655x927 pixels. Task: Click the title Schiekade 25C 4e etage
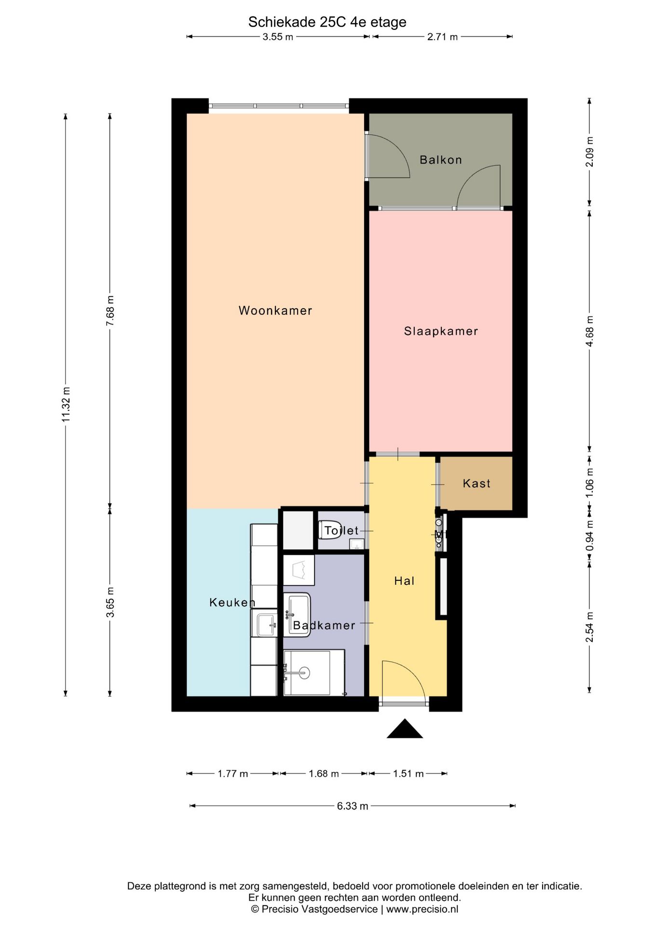[x=327, y=22]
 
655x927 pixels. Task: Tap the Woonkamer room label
[x=275, y=310]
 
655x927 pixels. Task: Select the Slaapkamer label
[x=441, y=331]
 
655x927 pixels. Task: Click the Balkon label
[x=440, y=160]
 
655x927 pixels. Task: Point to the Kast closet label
[x=477, y=483]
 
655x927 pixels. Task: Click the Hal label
[x=404, y=581]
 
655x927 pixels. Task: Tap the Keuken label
[x=232, y=602]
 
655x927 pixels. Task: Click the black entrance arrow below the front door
[x=405, y=729]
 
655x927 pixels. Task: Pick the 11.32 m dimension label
[x=66, y=405]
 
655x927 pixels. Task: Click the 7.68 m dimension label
[x=110, y=310]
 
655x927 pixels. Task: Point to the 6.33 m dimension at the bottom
[x=353, y=806]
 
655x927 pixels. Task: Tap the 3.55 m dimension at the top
[x=278, y=37]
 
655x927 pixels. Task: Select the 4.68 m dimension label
[x=589, y=331]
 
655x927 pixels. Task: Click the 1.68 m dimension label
[x=324, y=773]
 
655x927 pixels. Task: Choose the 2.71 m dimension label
[x=442, y=37]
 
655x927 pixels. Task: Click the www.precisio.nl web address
[x=422, y=909]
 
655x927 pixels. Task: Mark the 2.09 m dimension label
[x=589, y=152]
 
